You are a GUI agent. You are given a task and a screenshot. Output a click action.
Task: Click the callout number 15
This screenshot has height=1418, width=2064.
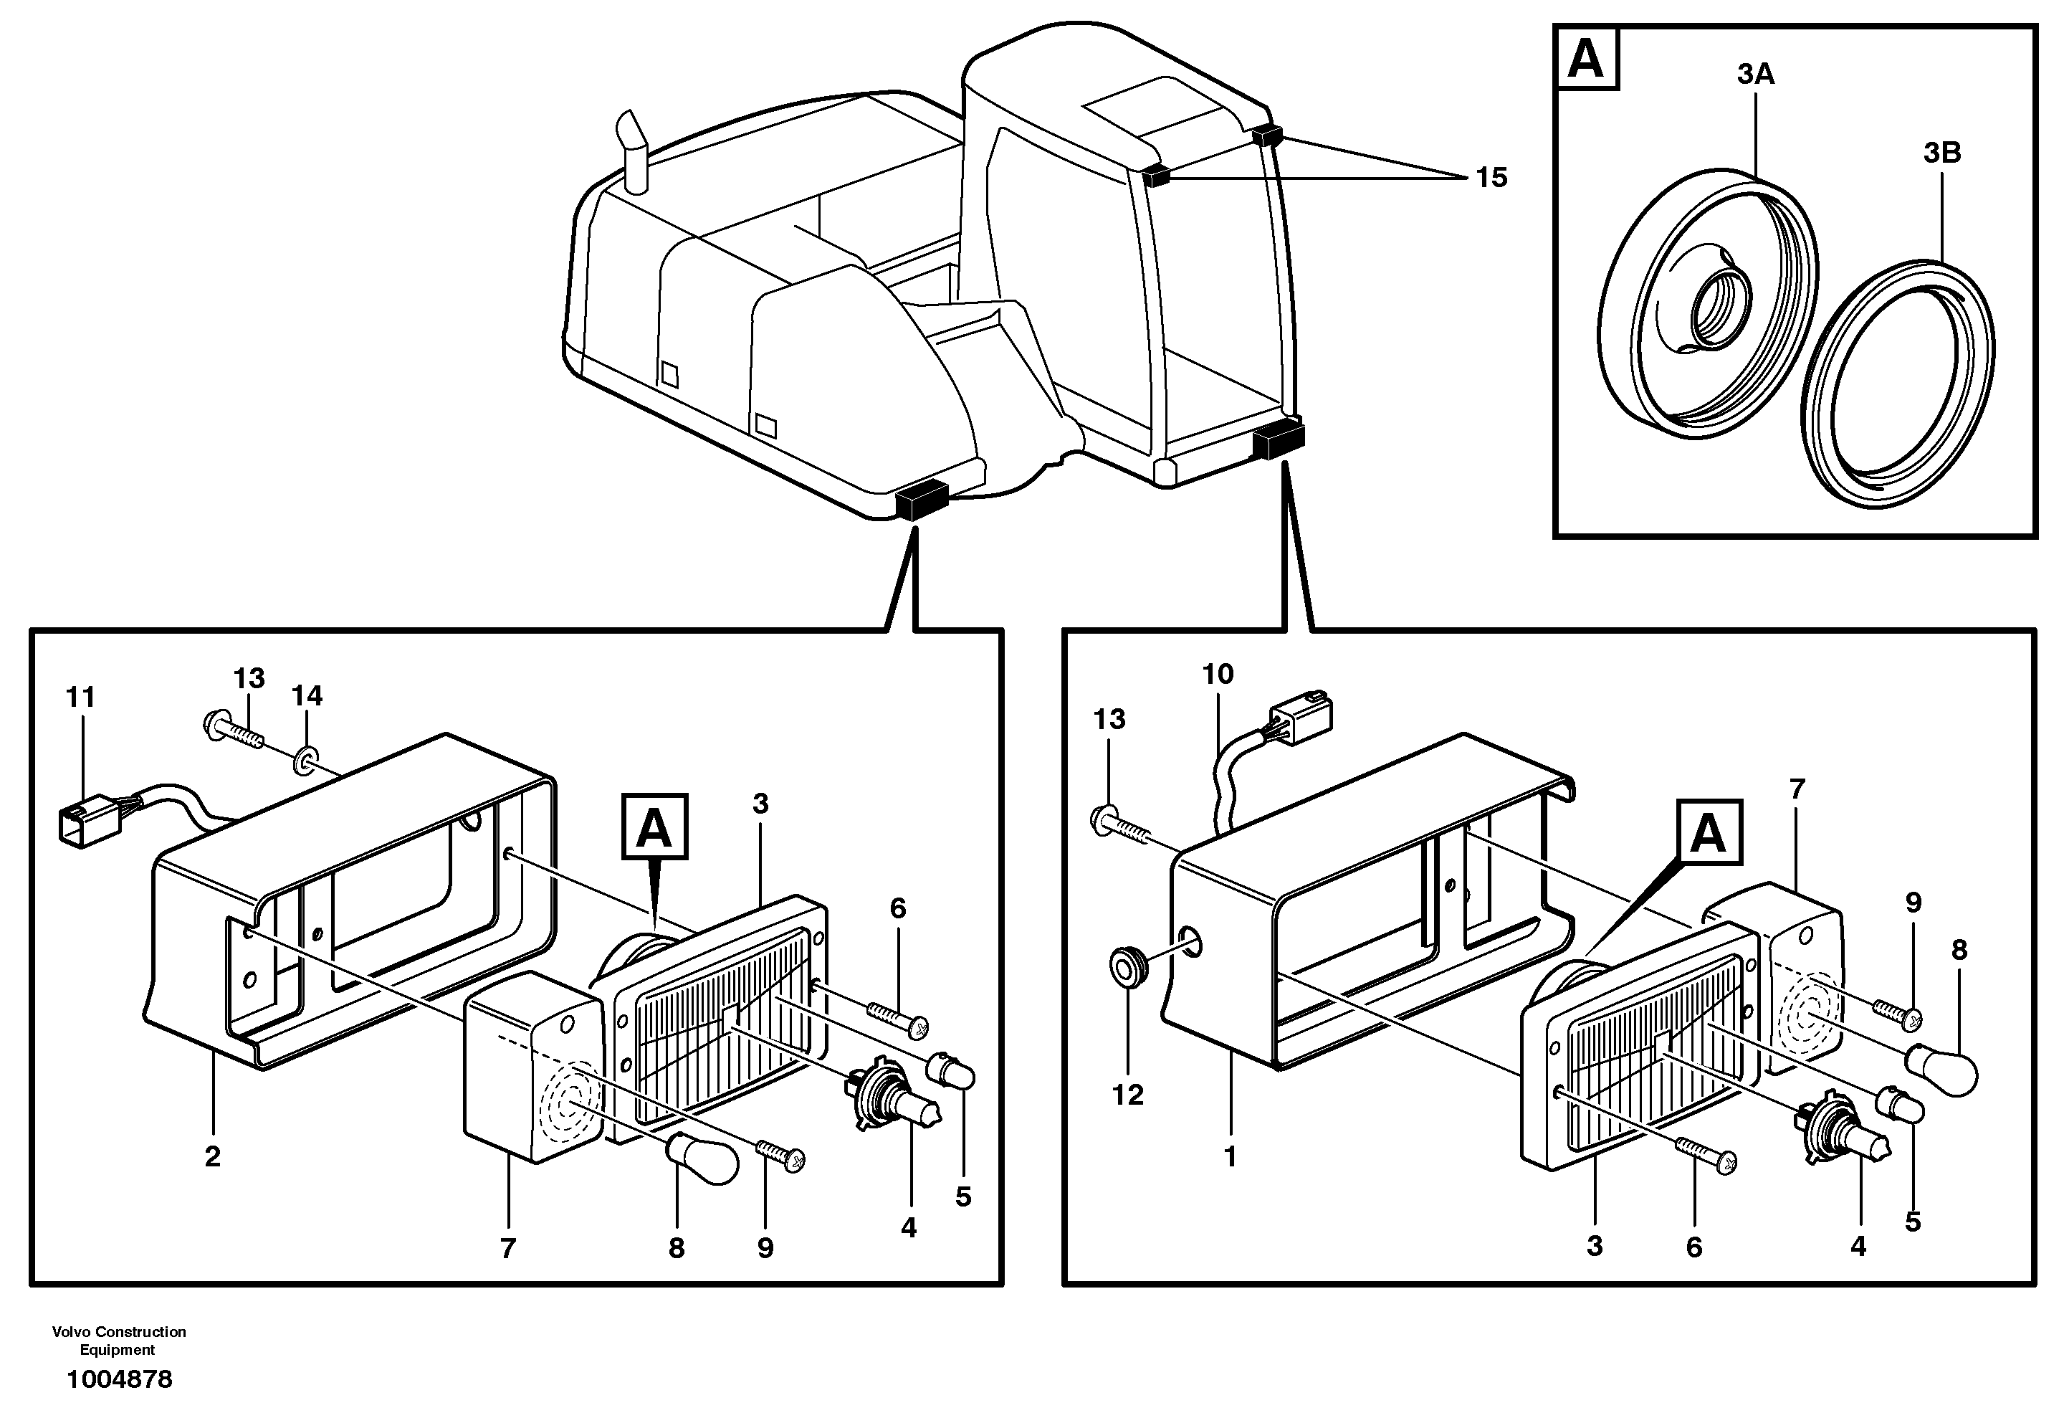[1491, 179]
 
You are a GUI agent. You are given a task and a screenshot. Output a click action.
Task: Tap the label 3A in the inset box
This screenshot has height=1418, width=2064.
[1756, 75]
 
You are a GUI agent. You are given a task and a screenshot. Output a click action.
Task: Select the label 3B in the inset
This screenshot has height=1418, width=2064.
[1941, 153]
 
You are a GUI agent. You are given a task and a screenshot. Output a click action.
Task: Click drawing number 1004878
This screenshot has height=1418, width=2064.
[120, 1380]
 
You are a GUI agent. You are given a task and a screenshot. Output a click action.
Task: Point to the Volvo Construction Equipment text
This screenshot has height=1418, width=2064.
[119, 1341]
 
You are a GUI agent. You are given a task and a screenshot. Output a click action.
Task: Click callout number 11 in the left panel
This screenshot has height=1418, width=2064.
[81, 698]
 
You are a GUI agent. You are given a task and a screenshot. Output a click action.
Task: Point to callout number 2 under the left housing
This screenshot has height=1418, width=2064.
[212, 1157]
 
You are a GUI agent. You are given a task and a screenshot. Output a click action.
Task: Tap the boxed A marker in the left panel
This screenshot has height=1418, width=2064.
[654, 827]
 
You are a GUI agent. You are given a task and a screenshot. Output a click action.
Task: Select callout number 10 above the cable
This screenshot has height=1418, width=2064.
[1218, 675]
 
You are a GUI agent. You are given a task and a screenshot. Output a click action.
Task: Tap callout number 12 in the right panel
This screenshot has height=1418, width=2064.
[1128, 1095]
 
